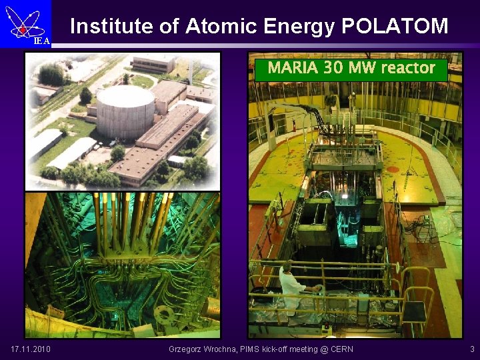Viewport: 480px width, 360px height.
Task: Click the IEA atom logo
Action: coord(25,21)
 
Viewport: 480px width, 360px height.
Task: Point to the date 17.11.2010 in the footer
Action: coord(31,349)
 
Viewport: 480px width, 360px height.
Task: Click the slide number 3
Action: coord(472,349)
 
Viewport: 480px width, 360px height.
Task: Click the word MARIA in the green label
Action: coord(293,68)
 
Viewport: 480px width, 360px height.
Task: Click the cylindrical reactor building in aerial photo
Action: coord(125,111)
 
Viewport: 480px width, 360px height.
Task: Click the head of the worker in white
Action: coord(288,266)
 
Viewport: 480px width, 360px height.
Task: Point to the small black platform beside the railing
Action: coord(413,310)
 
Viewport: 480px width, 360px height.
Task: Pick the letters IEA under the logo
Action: coord(41,41)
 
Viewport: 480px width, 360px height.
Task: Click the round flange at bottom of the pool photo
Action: coord(163,314)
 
